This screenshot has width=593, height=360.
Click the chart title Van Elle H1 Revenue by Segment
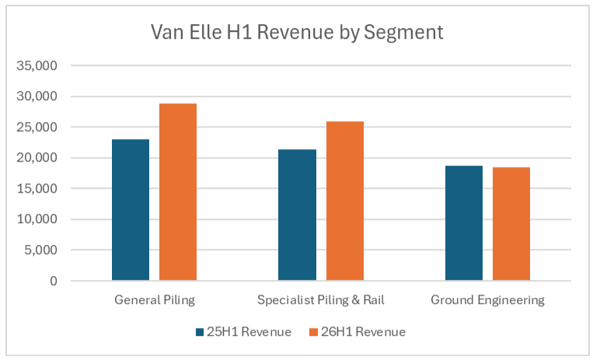click(x=296, y=33)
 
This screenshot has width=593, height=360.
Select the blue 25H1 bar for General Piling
click(x=131, y=210)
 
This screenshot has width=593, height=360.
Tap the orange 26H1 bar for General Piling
click(x=178, y=192)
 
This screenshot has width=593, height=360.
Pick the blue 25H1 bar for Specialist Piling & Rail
click(x=297, y=215)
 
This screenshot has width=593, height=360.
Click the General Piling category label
click(x=155, y=300)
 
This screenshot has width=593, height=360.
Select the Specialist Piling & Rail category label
click(x=321, y=300)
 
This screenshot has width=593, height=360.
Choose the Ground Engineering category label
click(x=487, y=300)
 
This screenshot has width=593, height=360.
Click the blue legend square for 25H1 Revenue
click(x=200, y=332)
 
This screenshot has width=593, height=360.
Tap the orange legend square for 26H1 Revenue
click(x=314, y=332)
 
